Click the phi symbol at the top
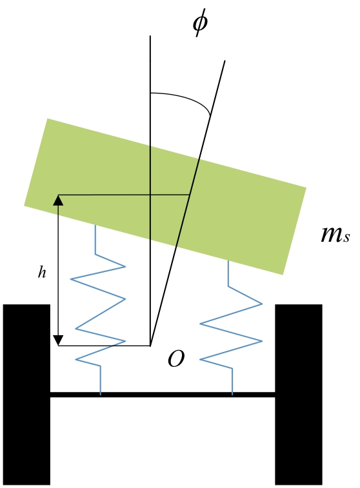click(x=199, y=23)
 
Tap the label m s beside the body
click(x=335, y=235)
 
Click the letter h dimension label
click(x=42, y=272)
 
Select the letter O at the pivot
click(x=176, y=358)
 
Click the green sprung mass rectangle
click(x=165, y=197)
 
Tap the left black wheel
click(x=26, y=395)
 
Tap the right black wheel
click(x=298, y=395)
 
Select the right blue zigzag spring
click(x=231, y=327)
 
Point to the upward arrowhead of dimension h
click(x=58, y=200)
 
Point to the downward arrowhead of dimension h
click(x=58, y=340)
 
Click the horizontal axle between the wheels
click(x=163, y=395)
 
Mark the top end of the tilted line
click(x=225, y=61)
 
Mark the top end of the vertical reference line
click(x=150, y=36)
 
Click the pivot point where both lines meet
click(x=150, y=346)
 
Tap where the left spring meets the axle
click(x=100, y=393)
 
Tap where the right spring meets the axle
click(x=232, y=393)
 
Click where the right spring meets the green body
click(x=228, y=260)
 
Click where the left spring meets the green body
click(x=95, y=225)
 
